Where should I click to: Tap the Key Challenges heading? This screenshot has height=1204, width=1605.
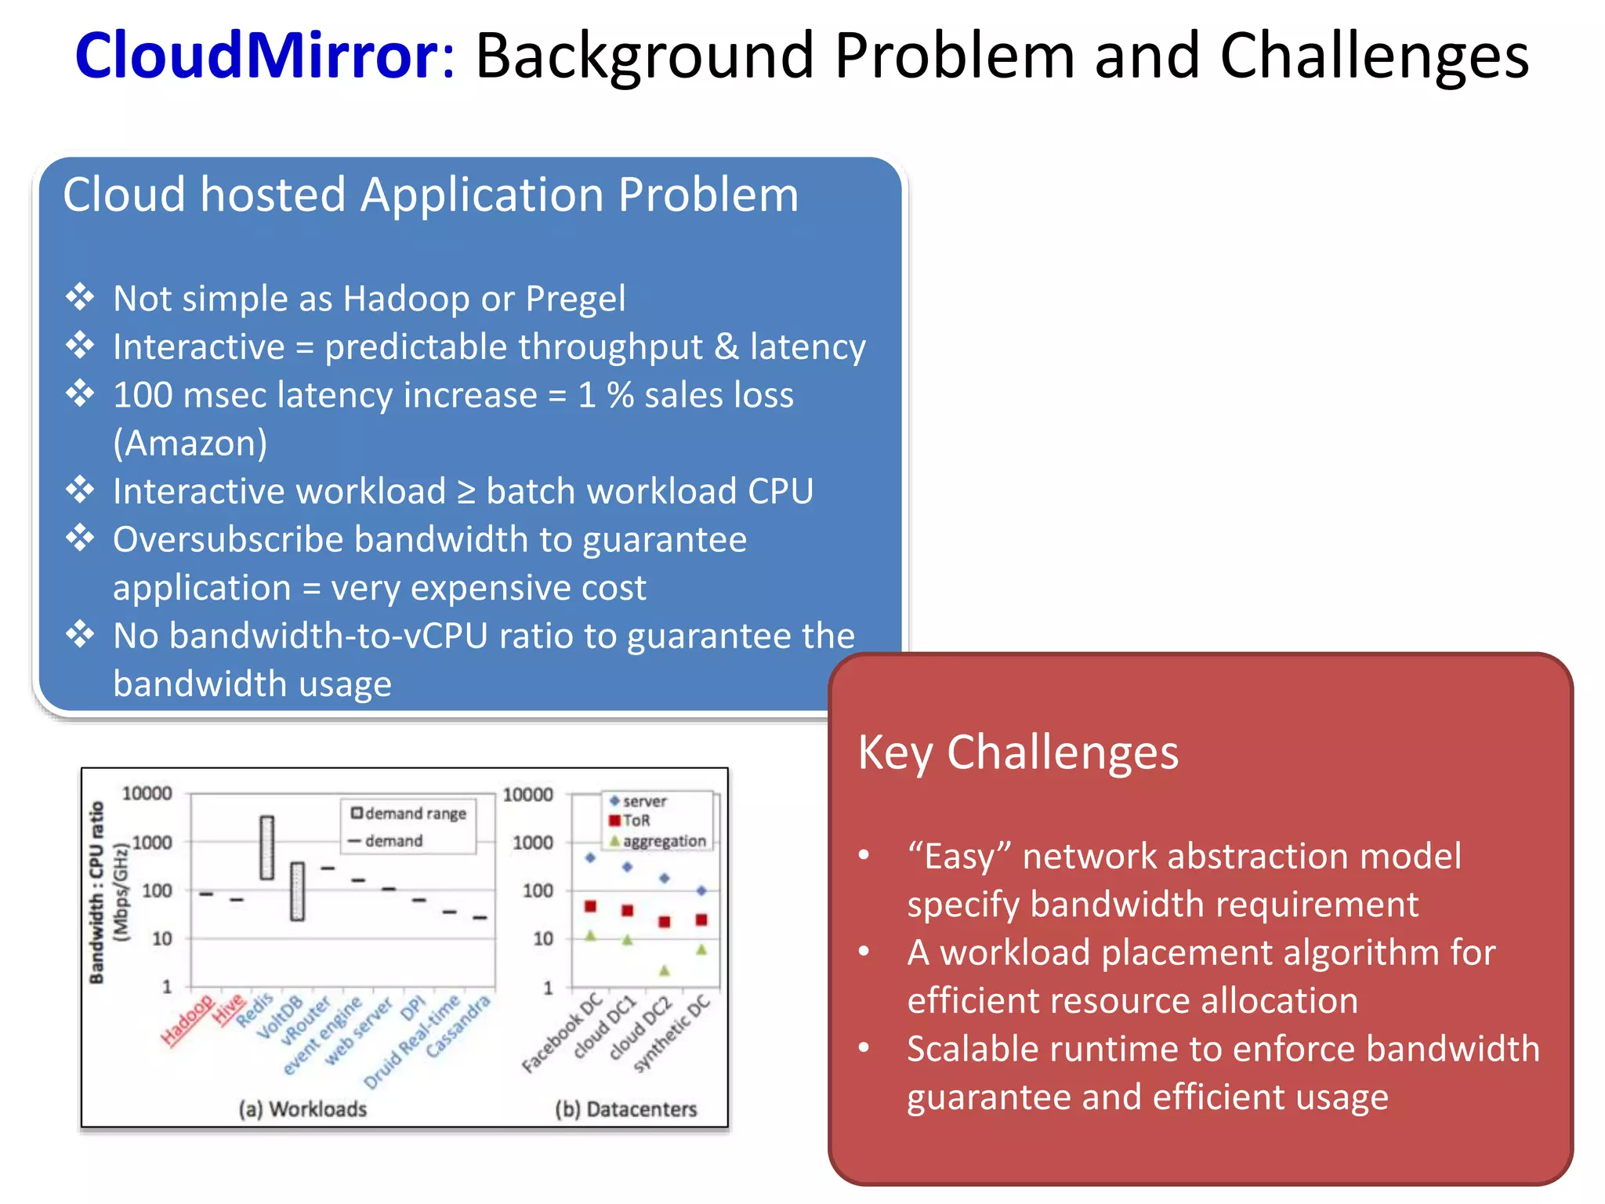tap(1018, 752)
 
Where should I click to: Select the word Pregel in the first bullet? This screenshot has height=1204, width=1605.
tap(575, 299)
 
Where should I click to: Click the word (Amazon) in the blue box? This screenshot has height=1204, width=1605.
tap(190, 443)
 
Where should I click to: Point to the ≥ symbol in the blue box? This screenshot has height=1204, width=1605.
tap(466, 492)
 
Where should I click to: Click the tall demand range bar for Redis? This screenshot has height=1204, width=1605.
tap(267, 847)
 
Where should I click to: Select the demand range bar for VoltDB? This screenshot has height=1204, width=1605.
tap(297, 891)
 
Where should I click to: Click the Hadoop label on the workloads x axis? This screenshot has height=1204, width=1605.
tap(187, 1021)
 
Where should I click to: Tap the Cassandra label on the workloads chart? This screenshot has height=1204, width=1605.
tap(458, 1026)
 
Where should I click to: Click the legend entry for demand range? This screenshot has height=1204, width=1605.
tap(409, 814)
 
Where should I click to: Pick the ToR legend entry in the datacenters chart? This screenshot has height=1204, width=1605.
tap(631, 821)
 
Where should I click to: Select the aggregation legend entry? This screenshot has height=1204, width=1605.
tap(658, 841)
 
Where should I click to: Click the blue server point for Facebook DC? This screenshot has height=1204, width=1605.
tap(590, 858)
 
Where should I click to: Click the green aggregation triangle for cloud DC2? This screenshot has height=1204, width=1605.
tap(665, 970)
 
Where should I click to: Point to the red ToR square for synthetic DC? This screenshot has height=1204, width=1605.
tap(701, 919)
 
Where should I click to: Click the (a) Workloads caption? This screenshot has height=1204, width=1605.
tap(303, 1109)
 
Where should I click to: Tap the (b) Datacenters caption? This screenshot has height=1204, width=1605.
tap(625, 1109)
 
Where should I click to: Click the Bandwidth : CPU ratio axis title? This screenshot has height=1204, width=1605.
tap(96, 891)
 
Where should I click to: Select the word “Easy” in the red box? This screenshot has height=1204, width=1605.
tap(959, 857)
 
